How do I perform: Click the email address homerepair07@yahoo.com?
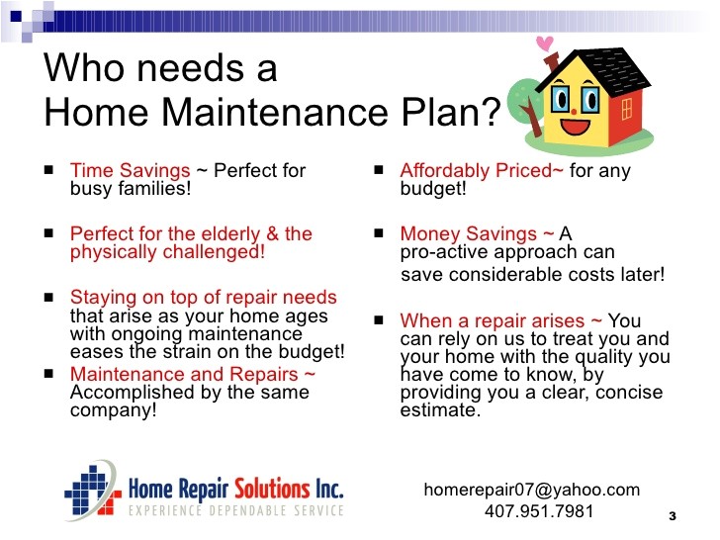pyautogui.click(x=532, y=490)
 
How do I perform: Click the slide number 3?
pyautogui.click(x=672, y=516)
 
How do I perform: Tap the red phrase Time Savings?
pyautogui.click(x=130, y=171)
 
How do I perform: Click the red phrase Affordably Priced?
pyautogui.click(x=482, y=171)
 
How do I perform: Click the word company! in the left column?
pyautogui.click(x=113, y=410)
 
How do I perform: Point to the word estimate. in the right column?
pyautogui.click(x=440, y=409)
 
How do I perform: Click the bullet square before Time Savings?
pyautogui.click(x=49, y=170)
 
